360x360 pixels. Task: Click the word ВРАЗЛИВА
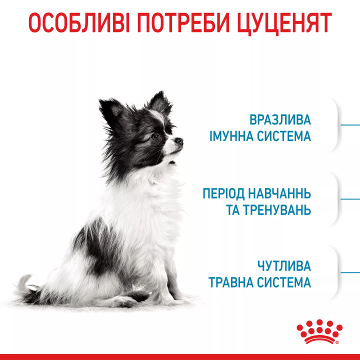click(x=280, y=120)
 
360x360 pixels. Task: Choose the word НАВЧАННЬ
click(x=282, y=193)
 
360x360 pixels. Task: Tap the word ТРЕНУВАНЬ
click(x=277, y=210)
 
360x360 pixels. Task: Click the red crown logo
click(x=319, y=331)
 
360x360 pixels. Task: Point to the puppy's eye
click(x=154, y=135)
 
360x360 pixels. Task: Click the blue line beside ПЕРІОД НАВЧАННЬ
click(x=350, y=198)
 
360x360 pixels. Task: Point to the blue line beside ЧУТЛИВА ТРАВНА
click(x=350, y=272)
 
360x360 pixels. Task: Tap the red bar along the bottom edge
click(x=180, y=356)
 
